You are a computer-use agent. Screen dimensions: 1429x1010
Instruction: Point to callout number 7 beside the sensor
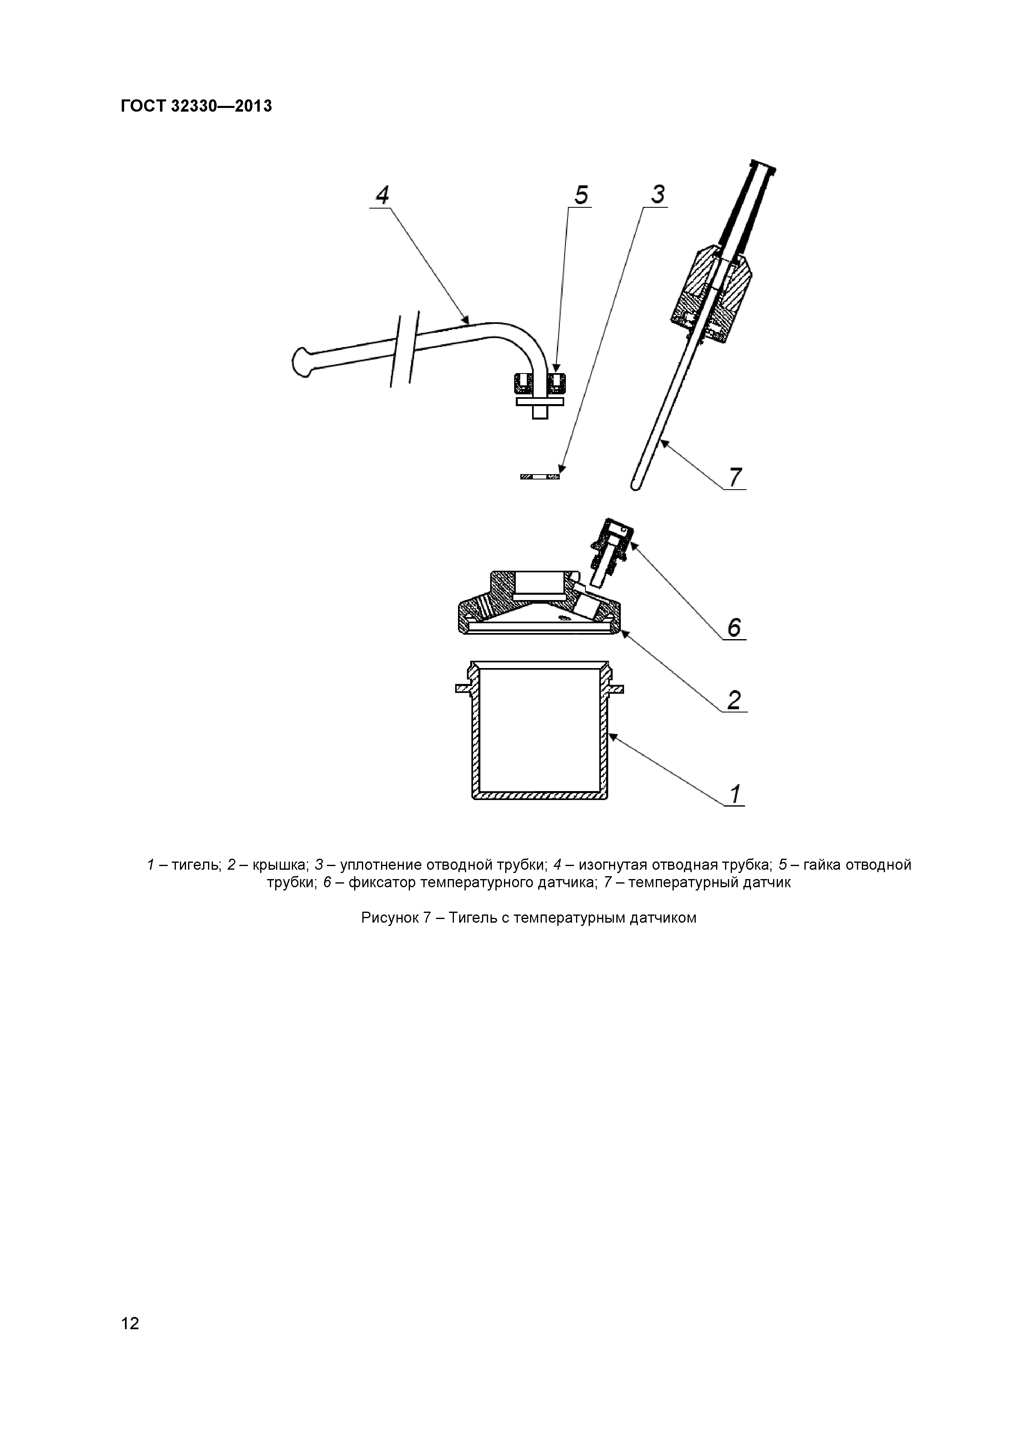click(x=735, y=477)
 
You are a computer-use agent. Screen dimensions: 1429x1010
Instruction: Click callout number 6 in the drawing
click(x=734, y=627)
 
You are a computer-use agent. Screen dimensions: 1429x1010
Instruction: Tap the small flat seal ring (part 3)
click(x=540, y=477)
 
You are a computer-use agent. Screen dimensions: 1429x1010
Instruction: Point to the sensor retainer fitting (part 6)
click(x=613, y=545)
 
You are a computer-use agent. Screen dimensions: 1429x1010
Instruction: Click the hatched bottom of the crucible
click(x=540, y=796)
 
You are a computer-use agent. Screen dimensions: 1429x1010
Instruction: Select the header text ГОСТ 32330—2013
click(x=196, y=106)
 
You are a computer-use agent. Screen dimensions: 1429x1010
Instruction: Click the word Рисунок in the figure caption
click(x=389, y=918)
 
